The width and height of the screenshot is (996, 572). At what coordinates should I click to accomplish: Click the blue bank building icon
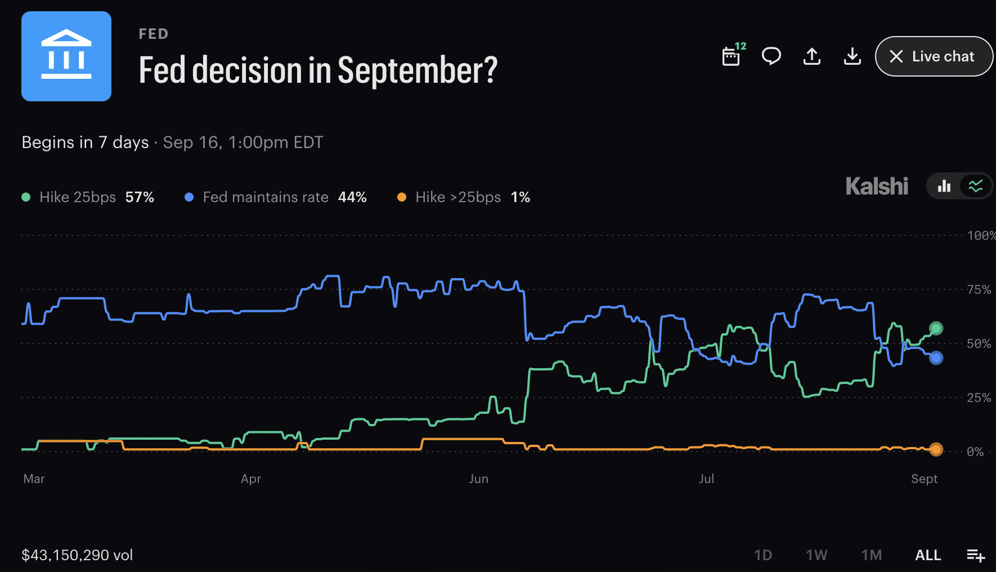pos(66,56)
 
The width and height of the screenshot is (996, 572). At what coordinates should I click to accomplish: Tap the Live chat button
pos(934,56)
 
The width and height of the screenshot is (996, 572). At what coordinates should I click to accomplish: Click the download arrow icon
pos(853,56)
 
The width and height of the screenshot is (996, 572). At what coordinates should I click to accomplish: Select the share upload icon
pos(812,56)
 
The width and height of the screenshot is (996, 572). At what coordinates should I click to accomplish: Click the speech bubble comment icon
pos(771,56)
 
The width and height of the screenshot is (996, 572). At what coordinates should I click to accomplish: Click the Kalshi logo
pos(877,186)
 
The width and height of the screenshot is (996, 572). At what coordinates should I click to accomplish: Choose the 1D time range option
pos(763,555)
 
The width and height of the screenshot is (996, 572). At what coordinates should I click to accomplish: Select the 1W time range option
pos(816,555)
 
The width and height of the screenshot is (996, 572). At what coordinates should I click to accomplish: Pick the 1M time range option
pos(872,555)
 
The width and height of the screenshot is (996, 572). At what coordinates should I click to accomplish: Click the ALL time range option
pos(928,555)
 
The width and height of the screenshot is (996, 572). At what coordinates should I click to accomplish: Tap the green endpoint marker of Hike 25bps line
pos(936,328)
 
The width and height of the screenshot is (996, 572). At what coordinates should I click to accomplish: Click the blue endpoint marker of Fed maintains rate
pos(936,357)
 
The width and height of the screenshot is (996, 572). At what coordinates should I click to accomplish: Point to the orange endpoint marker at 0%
pos(936,449)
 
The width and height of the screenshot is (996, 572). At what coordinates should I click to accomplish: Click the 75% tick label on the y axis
pos(979,289)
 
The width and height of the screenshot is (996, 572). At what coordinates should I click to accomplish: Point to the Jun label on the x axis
pos(479,479)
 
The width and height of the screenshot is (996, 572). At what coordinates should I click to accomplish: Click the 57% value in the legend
pos(140,197)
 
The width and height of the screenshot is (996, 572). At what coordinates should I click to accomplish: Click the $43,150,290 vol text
pos(77,555)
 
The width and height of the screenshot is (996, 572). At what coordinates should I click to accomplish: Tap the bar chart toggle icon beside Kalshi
pos(944,186)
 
